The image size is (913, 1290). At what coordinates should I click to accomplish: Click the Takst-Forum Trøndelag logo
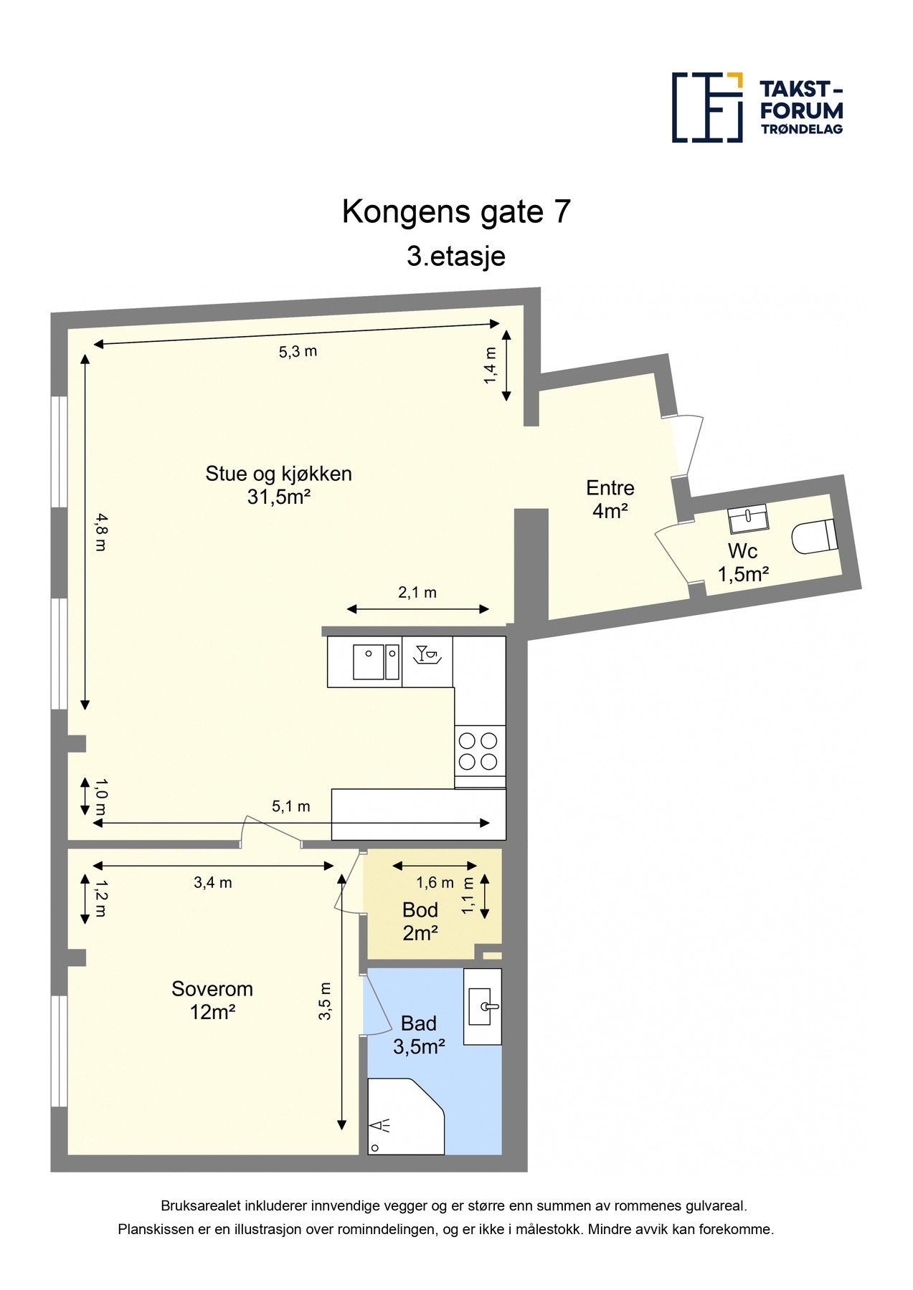pos(757,107)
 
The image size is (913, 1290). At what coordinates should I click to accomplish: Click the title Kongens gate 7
pos(456,212)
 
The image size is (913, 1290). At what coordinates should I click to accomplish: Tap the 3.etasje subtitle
pos(456,256)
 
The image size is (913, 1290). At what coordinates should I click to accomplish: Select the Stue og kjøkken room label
pos(278,484)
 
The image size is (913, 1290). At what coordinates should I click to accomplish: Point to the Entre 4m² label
pos(610,499)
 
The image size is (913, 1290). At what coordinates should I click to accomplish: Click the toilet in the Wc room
pos(815,535)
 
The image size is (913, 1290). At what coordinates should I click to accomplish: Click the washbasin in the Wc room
pos(747,520)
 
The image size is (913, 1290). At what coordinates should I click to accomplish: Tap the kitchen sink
pos(376,661)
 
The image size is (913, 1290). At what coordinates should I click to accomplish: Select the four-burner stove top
pos(479,750)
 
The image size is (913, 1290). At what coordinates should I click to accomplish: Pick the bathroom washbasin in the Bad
pos(483,1006)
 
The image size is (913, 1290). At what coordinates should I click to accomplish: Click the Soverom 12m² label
pos(212,1000)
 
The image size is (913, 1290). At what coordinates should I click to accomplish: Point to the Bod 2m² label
pos(420,921)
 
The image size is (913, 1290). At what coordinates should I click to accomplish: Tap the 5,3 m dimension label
pos(298,352)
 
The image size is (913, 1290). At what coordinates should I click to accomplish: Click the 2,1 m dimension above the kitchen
pos(417,593)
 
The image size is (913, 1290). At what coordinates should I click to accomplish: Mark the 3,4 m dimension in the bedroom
pos(213,883)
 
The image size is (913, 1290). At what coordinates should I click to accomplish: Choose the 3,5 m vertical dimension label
pos(325,1001)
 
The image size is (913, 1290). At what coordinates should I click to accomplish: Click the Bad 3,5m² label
pos(419,1035)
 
